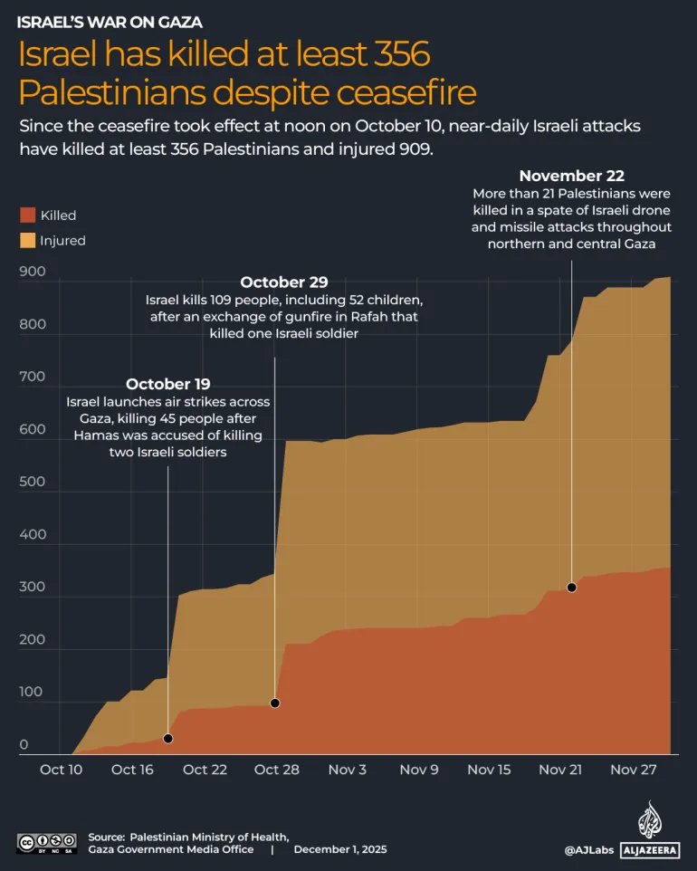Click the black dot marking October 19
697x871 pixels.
167,739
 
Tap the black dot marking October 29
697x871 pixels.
275,703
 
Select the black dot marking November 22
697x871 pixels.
571,588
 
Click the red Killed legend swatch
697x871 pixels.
27,215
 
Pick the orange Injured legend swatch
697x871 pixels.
27,241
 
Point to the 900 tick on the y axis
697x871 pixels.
32,272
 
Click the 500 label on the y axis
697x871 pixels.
32,482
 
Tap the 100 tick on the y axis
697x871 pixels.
32,692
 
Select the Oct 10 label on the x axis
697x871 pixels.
61,770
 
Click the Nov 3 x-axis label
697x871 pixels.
348,770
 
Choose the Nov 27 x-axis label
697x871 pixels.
634,770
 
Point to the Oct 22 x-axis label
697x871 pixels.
205,770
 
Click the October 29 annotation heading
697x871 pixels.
283,282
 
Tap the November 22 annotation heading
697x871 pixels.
571,176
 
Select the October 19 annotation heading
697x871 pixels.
168,385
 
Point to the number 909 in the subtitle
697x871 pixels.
413,150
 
